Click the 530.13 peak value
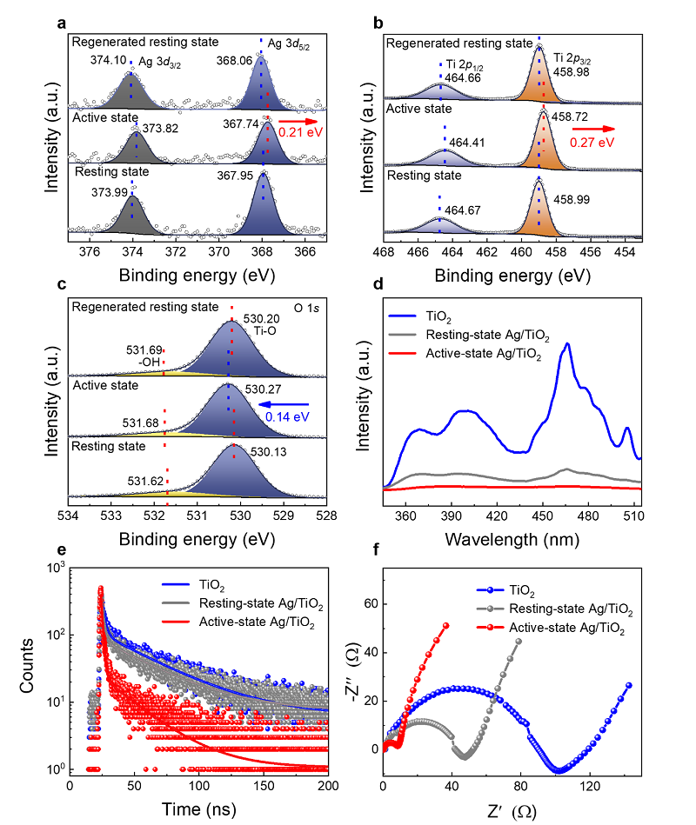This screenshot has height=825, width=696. click(x=268, y=452)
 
